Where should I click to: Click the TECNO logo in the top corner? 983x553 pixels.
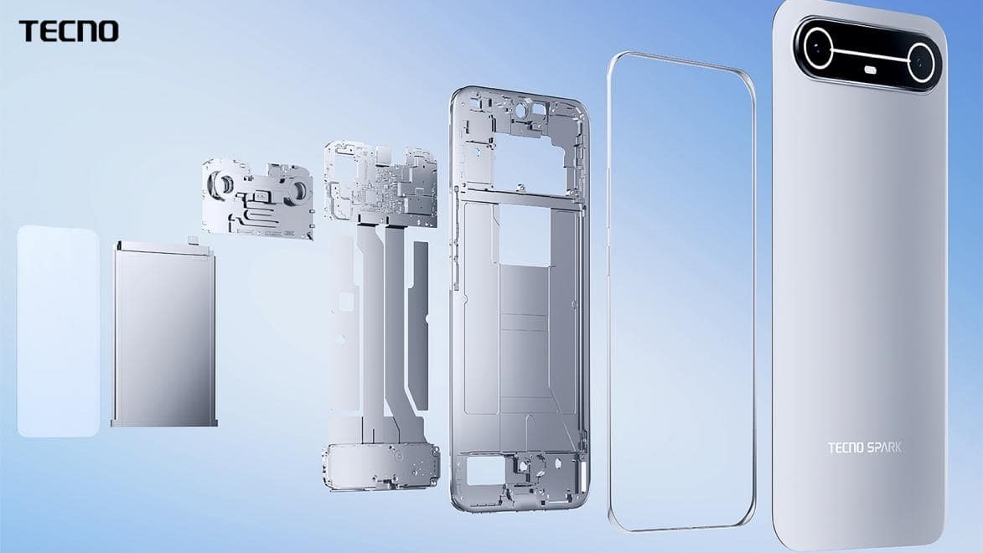point(69,31)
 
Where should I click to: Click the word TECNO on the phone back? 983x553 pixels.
point(846,447)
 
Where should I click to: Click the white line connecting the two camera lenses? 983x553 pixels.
point(868,52)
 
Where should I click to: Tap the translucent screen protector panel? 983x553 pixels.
point(58,331)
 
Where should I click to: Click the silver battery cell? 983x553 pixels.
point(164,335)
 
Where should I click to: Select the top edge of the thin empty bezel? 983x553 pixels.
point(679,59)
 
